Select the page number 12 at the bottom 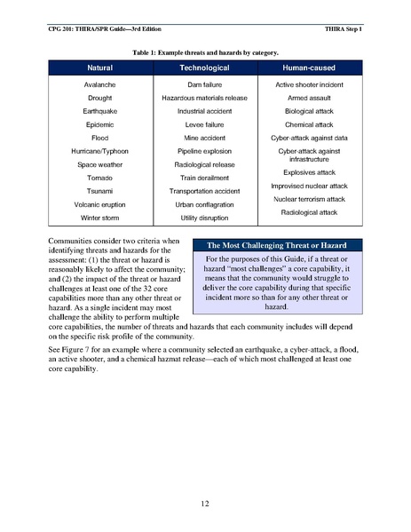205,504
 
